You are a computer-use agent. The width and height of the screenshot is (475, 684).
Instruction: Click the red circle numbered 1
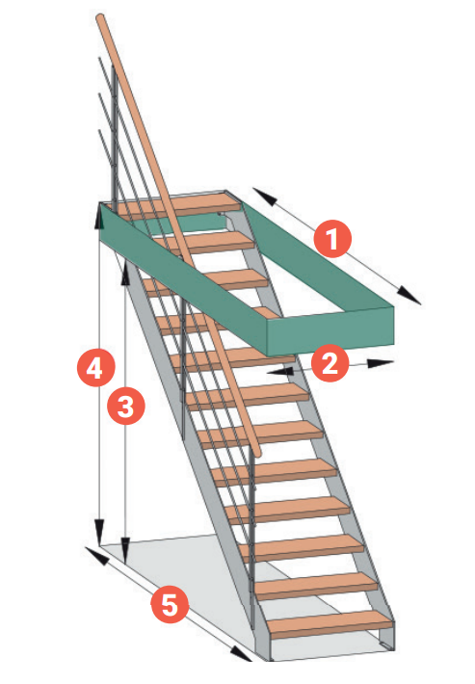[332, 239]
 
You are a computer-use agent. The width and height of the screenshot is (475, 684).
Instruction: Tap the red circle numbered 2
[330, 363]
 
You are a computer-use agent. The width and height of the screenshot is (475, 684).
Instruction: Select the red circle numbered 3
[126, 407]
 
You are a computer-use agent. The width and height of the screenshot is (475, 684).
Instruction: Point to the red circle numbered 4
[95, 367]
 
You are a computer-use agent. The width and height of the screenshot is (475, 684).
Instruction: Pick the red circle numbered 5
[170, 604]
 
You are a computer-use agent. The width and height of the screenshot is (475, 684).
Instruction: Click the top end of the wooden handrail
[100, 18]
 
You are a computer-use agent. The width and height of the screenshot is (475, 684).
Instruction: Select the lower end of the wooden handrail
[257, 453]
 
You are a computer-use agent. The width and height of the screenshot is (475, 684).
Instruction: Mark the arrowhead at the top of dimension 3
[125, 271]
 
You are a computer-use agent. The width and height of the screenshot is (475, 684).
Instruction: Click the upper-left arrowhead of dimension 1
[264, 197]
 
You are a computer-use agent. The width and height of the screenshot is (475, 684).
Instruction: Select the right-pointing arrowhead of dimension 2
[381, 363]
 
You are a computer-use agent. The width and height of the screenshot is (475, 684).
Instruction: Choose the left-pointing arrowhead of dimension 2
[280, 371]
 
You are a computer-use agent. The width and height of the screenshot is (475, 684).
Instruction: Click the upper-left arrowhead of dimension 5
[96, 555]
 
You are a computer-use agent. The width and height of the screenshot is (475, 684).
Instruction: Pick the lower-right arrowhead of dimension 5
[241, 653]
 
